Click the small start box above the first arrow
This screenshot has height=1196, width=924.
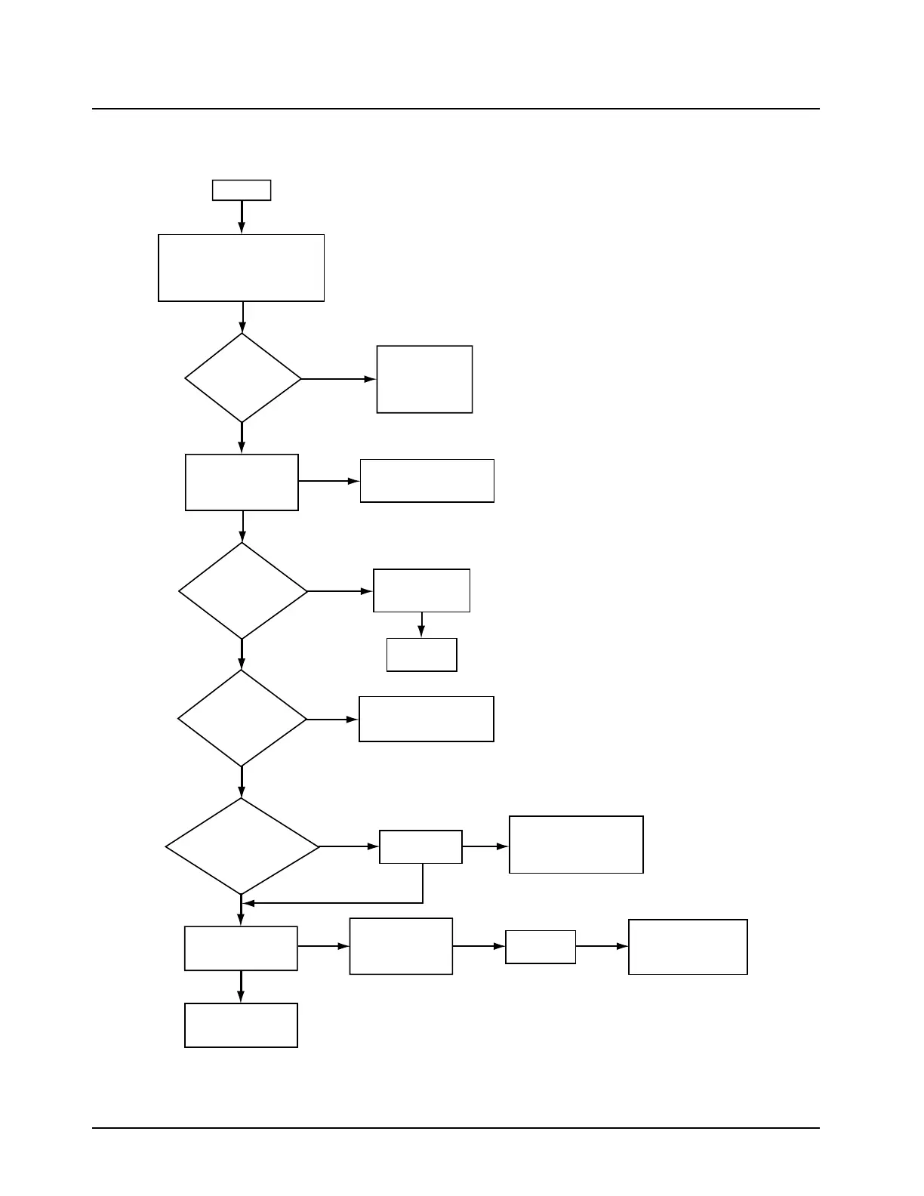(242, 190)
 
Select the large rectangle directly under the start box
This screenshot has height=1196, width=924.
(242, 268)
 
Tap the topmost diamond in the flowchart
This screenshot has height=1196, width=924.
(242, 378)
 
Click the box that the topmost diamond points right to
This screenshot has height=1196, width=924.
(424, 379)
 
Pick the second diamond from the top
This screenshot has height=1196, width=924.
(242, 591)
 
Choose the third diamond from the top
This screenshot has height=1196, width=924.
(242, 719)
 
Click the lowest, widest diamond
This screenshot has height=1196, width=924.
(242, 846)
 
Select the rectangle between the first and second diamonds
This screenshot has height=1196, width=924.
(242, 482)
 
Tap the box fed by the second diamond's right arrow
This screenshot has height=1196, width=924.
(421, 590)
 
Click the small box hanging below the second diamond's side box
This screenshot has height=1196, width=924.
(421, 655)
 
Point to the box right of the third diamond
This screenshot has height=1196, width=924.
(427, 719)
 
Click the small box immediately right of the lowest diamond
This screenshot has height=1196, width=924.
(420, 846)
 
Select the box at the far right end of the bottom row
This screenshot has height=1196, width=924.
(688, 947)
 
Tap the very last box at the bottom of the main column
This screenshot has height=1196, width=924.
(241, 1025)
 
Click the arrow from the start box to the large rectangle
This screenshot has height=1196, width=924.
(242, 217)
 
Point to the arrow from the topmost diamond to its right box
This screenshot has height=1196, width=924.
(338, 379)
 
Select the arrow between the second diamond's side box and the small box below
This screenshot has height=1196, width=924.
(421, 625)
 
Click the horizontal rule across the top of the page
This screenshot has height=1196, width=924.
(456, 109)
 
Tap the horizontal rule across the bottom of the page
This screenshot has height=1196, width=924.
(456, 1128)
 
